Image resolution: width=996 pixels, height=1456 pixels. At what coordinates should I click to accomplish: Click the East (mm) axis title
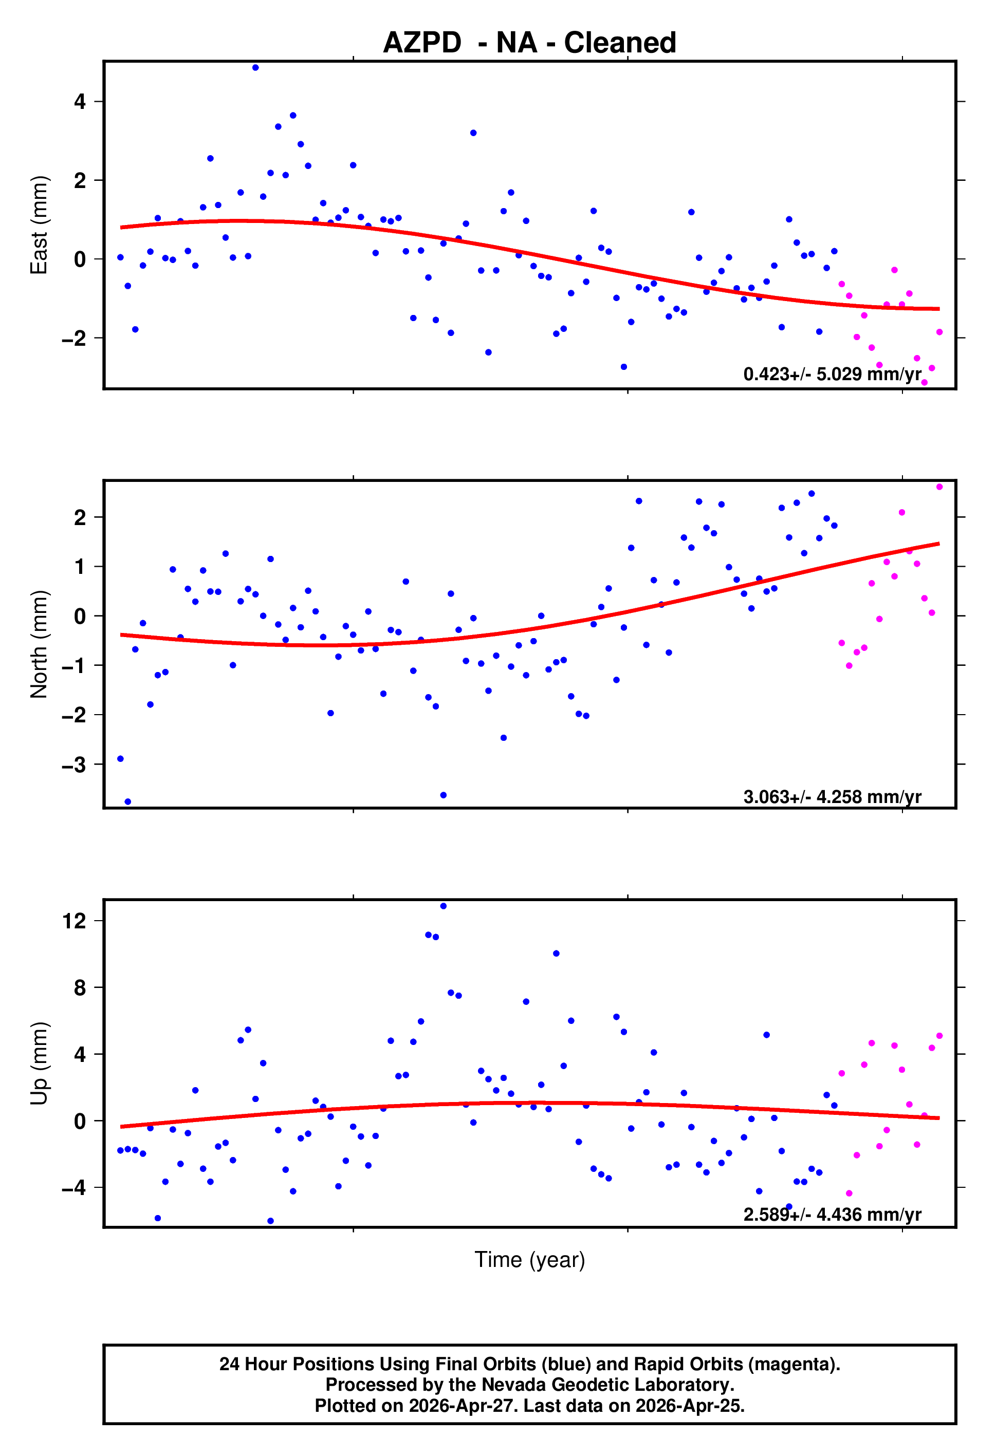point(39,225)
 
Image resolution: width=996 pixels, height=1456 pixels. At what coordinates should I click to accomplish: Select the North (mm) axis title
point(39,644)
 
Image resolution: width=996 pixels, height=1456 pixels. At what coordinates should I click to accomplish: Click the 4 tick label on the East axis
point(80,102)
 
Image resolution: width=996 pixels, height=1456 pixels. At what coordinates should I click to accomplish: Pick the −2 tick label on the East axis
point(74,339)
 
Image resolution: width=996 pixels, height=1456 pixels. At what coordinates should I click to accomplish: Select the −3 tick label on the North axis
point(74,765)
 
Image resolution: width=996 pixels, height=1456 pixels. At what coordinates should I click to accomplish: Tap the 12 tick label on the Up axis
point(74,921)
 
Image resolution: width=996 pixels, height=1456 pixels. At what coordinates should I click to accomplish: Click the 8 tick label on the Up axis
point(80,988)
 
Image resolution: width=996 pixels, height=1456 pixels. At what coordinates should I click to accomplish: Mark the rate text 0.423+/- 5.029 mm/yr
point(832,374)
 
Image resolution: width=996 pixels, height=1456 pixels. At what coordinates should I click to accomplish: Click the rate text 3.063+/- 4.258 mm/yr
point(832,797)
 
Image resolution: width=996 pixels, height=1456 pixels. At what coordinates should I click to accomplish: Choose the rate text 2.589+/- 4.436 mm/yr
point(832,1215)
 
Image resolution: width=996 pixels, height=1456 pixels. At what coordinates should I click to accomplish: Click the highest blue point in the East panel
point(255,68)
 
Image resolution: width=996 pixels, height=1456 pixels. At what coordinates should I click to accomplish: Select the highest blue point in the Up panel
point(443,906)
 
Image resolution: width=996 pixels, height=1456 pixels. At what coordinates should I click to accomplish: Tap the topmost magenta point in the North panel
point(939,487)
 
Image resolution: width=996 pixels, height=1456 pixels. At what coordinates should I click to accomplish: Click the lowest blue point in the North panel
point(128,802)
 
